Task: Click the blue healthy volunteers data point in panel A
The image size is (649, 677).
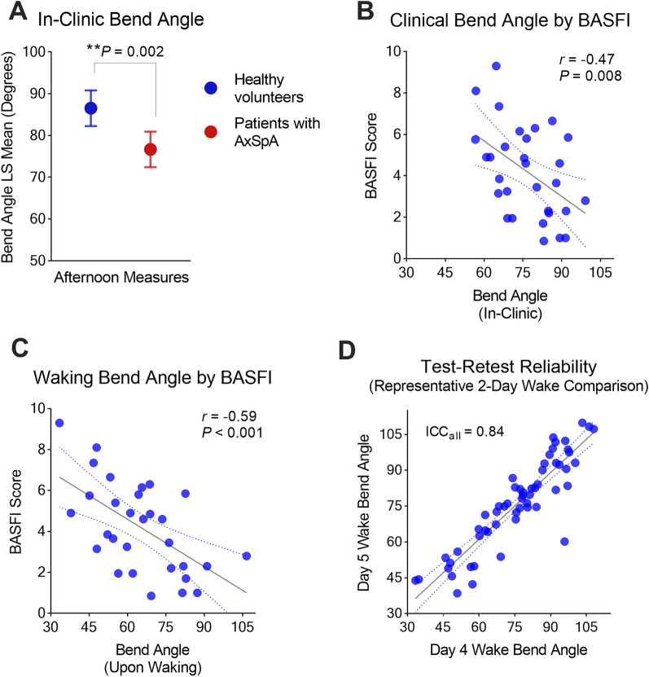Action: click(91, 108)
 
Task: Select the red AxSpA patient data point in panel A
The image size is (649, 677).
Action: click(151, 149)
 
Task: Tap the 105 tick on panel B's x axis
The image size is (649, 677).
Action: click(601, 272)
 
